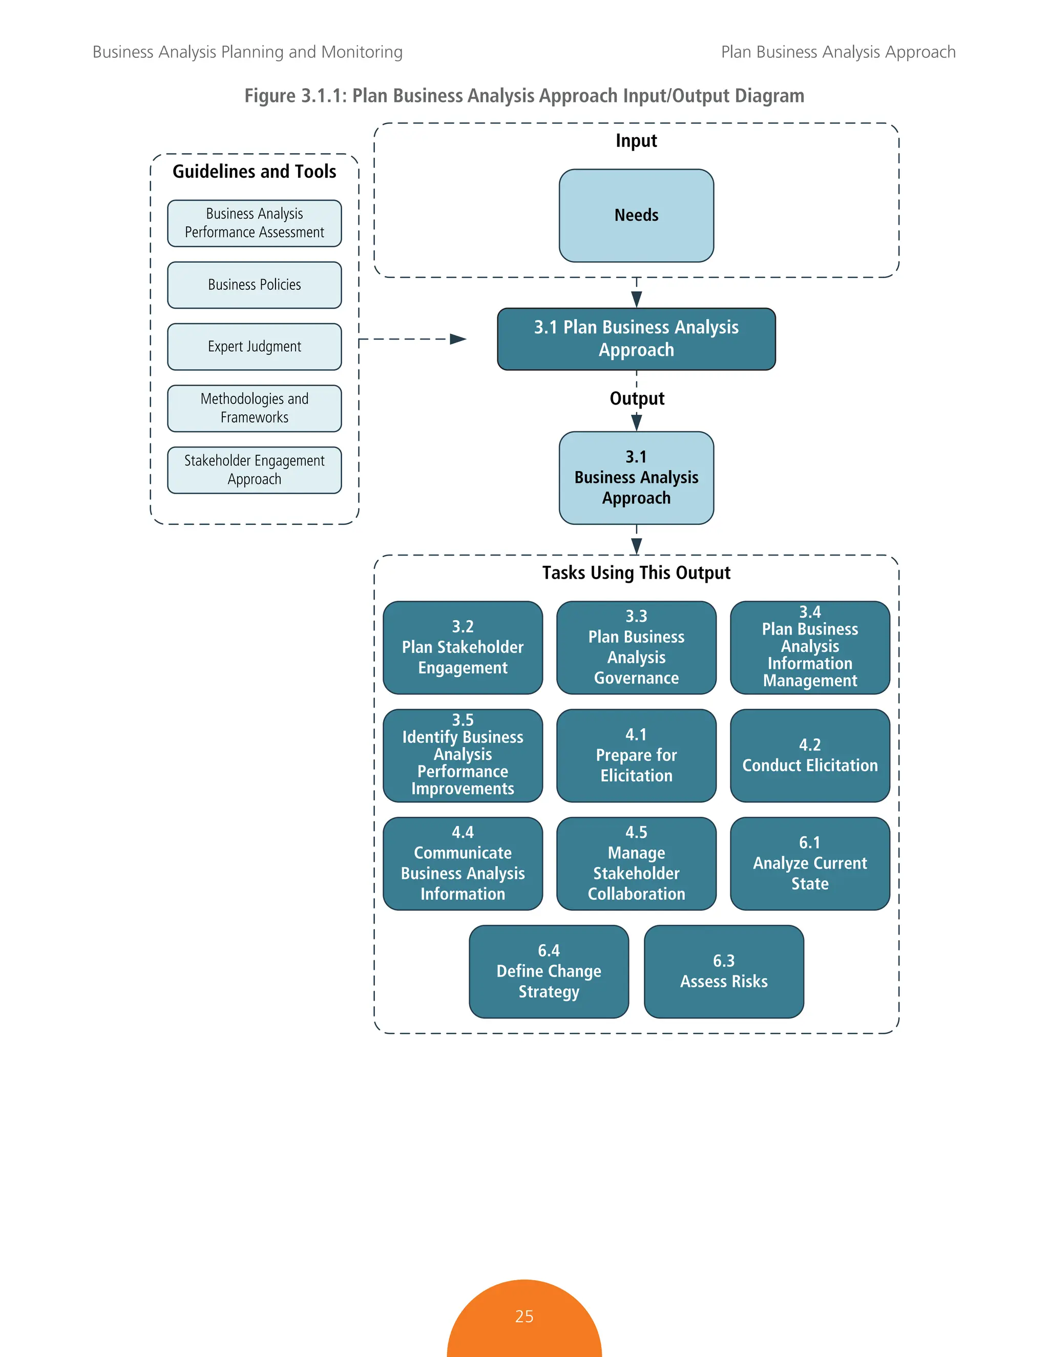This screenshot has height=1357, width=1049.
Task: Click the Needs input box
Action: (636, 216)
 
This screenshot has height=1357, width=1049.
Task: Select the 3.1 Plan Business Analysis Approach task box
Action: (636, 338)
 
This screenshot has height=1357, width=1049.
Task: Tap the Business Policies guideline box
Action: (254, 285)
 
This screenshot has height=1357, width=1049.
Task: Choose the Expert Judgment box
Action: (254, 346)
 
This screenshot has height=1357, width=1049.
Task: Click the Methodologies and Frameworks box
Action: (254, 408)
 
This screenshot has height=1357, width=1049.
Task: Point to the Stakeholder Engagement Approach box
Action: (254, 470)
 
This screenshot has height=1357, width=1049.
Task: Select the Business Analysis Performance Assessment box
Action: (254, 223)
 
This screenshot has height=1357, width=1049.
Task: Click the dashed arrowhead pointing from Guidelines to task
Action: (458, 338)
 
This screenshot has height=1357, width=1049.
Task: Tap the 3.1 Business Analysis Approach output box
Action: (636, 477)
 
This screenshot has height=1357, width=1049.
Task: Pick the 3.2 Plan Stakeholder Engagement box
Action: (463, 647)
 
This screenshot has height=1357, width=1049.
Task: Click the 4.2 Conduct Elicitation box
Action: (809, 755)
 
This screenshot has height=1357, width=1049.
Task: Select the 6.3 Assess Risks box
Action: (723, 971)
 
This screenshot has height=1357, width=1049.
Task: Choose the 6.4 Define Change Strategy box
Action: (548, 971)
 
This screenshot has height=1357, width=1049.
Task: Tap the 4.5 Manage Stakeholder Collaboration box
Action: (636, 863)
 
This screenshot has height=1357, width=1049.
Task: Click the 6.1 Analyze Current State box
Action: (809, 863)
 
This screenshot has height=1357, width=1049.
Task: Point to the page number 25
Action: (524, 1316)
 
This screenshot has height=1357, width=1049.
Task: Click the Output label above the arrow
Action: (636, 398)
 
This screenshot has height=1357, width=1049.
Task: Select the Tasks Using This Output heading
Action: (636, 573)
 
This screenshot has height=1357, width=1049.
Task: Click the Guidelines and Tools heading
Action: (254, 172)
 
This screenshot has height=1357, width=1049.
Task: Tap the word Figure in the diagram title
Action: (270, 96)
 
